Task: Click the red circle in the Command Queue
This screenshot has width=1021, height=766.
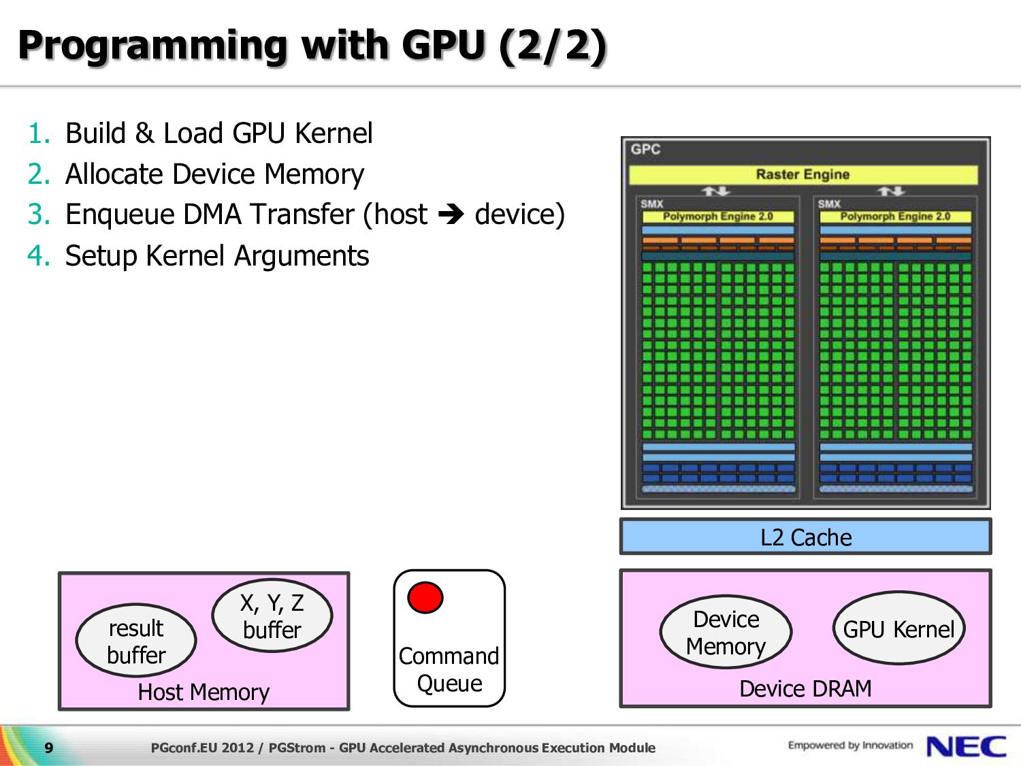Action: click(x=425, y=597)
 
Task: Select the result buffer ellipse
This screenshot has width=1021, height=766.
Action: click(x=136, y=640)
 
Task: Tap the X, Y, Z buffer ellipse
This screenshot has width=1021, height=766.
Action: click(x=272, y=615)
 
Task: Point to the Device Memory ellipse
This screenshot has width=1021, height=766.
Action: click(x=726, y=632)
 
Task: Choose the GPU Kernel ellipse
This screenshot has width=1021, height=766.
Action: click(x=898, y=628)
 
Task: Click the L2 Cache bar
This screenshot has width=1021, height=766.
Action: click(x=806, y=537)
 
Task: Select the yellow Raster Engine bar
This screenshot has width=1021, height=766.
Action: click(x=803, y=174)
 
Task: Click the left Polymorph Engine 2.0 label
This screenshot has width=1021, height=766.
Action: click(x=717, y=217)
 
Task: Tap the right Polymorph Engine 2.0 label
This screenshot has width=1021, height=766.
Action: click(x=895, y=217)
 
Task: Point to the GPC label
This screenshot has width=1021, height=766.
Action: click(x=646, y=149)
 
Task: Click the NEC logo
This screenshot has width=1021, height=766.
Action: click(x=967, y=747)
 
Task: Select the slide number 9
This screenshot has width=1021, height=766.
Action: click(x=49, y=748)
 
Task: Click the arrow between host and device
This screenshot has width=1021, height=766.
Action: click(x=451, y=214)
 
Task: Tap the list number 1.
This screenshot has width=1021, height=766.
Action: click(x=39, y=133)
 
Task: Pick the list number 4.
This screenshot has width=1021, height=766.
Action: click(x=39, y=256)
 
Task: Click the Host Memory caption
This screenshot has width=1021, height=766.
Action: click(x=204, y=692)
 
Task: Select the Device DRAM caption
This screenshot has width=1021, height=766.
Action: click(x=806, y=688)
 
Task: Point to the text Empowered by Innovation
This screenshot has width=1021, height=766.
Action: click(x=850, y=746)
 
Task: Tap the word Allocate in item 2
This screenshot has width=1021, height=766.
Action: click(x=114, y=174)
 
